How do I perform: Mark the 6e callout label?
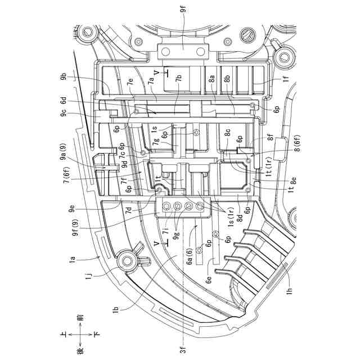[x=209, y=280]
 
